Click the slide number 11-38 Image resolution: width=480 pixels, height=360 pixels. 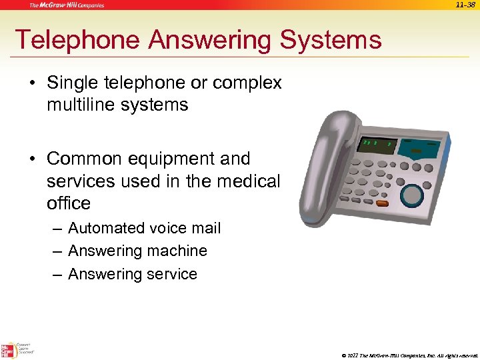[465, 5]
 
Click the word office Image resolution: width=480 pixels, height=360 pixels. [69, 203]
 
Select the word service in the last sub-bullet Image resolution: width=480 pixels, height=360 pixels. [167, 274]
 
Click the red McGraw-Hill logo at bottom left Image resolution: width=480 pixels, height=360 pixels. [9, 349]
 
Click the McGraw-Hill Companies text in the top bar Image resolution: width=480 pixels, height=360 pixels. [67, 5]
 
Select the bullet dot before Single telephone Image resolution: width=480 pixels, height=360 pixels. [33, 83]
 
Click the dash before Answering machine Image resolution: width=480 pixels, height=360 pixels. [57, 251]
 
